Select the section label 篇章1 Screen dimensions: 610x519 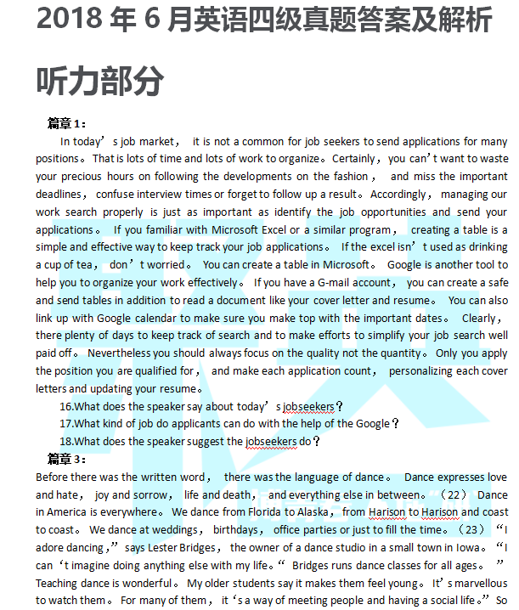click(x=67, y=123)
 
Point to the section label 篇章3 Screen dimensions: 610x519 click(x=67, y=459)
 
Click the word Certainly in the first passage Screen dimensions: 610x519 click(x=353, y=158)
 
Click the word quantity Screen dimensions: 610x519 click(x=405, y=353)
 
